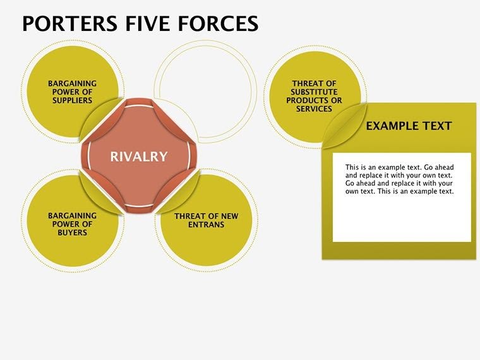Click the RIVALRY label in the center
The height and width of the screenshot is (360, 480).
point(139,157)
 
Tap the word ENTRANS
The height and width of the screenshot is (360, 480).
point(207,224)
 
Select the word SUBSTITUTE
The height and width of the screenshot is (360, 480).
point(314,92)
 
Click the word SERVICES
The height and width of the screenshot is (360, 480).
point(314,109)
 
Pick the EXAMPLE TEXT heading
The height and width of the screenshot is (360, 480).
point(409,126)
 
